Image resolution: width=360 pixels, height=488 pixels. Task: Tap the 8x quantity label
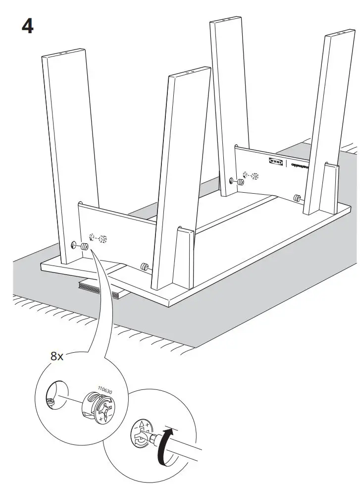[x=57, y=356]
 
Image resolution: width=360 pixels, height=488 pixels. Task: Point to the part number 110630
[x=105, y=390]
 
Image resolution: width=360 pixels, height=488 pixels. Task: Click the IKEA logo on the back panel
[x=276, y=162]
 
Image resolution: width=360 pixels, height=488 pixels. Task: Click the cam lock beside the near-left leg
[x=84, y=246]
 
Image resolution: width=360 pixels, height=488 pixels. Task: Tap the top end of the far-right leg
[x=342, y=37]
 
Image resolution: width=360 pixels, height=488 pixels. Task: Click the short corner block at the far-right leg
[x=330, y=186]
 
